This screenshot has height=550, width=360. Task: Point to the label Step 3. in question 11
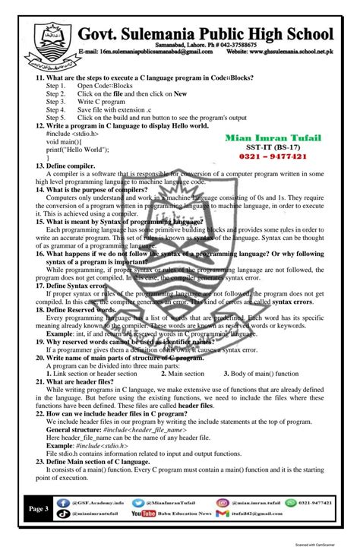click(55, 101)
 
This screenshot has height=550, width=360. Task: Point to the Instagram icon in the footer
click(223, 502)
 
